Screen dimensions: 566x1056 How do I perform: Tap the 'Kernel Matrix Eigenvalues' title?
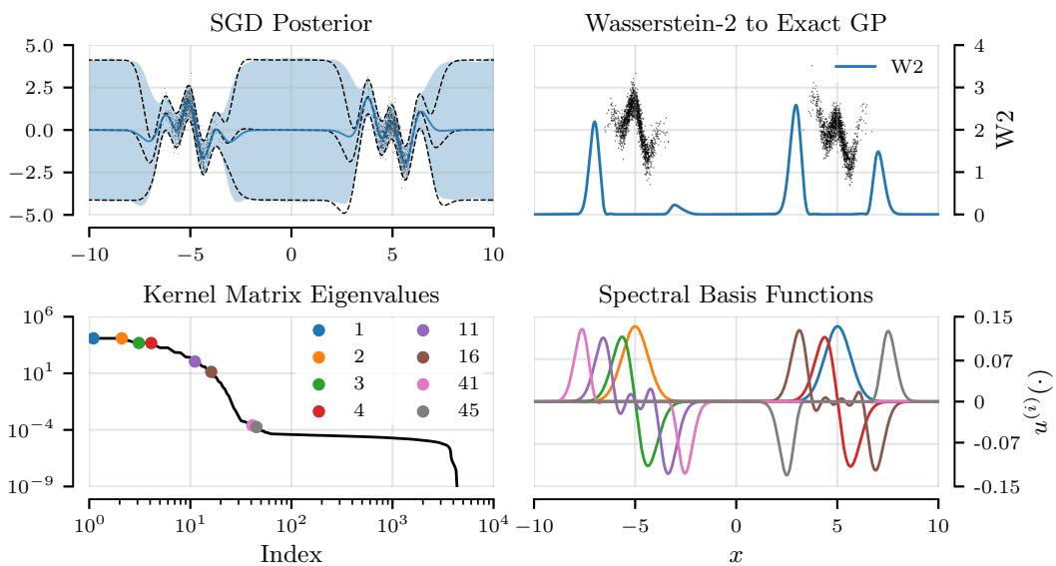click(x=291, y=295)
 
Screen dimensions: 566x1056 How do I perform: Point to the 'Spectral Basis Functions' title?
click(x=736, y=295)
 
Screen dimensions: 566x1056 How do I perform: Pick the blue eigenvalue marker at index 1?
click(x=93, y=338)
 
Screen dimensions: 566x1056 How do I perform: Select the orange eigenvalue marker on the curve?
click(x=122, y=338)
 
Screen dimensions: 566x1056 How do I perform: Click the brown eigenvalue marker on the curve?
click(x=211, y=372)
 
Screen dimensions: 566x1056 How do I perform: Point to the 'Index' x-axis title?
click(x=291, y=552)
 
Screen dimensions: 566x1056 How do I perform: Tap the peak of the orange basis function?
click(x=634, y=326)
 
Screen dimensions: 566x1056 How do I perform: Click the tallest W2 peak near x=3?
click(x=795, y=105)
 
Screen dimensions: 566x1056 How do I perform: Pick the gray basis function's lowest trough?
click(x=787, y=475)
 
